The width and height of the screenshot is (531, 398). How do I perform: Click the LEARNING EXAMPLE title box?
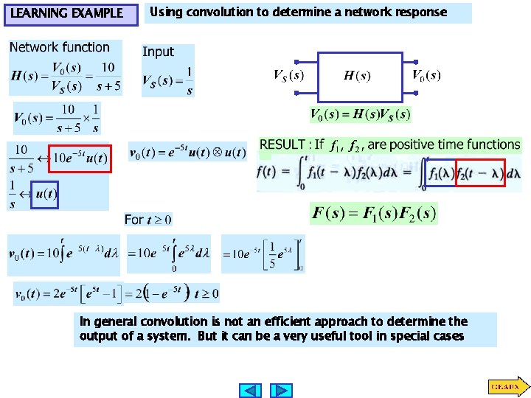click(x=69, y=13)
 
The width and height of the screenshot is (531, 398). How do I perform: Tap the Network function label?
click(x=59, y=47)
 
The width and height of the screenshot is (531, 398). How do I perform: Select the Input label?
click(x=158, y=52)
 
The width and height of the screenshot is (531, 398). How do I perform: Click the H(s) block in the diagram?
click(x=359, y=76)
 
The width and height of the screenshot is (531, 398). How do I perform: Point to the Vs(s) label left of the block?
click(x=288, y=75)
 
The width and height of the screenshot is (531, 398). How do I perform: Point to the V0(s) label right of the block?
click(x=426, y=75)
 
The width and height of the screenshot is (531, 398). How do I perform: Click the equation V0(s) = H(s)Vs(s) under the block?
click(x=360, y=114)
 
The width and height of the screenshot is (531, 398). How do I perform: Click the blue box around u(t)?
click(x=45, y=194)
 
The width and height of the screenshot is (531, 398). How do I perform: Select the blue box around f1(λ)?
click(x=440, y=174)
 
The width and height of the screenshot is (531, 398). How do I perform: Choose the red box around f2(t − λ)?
click(x=480, y=174)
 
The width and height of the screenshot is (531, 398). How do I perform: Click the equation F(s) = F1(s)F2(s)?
click(x=374, y=214)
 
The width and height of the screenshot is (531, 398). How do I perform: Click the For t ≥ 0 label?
click(x=147, y=220)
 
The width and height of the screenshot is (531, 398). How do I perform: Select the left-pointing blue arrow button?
click(x=251, y=390)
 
